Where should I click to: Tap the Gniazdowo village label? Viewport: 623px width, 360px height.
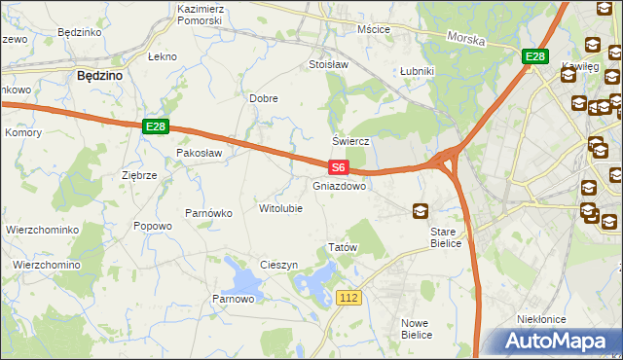340,186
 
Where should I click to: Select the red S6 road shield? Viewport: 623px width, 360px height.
337,168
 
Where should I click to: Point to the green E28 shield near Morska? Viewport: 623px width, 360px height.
533,57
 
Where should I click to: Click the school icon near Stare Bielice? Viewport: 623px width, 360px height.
421,210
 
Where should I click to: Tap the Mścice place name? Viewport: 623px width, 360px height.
374,29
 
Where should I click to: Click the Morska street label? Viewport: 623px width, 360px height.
466,38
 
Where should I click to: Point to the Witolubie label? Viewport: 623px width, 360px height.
280,208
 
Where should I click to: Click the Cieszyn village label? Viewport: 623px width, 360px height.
278,266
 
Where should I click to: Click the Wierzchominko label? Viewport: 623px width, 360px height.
41,230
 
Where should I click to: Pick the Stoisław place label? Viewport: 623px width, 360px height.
328,65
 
